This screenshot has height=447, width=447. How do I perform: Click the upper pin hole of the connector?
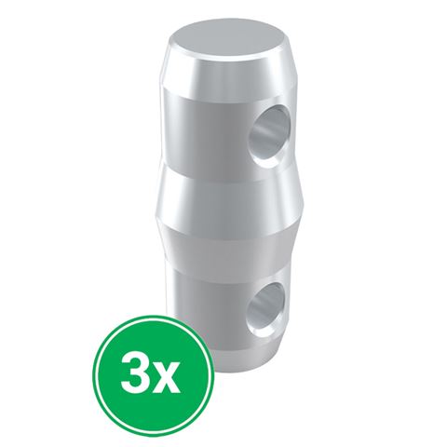(x=270, y=136)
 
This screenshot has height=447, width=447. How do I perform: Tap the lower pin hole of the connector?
(x=266, y=308)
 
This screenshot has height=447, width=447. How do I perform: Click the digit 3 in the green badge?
(x=136, y=374)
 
